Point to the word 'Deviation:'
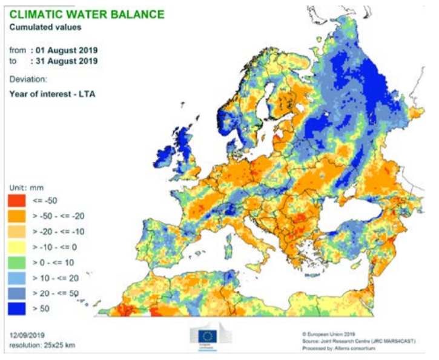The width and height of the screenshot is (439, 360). (28, 79)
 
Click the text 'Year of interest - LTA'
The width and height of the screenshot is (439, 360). (52, 94)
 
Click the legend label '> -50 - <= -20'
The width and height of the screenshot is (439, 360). (64, 216)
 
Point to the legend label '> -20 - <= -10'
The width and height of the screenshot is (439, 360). (64, 232)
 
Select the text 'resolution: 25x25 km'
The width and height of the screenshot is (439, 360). (42, 345)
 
